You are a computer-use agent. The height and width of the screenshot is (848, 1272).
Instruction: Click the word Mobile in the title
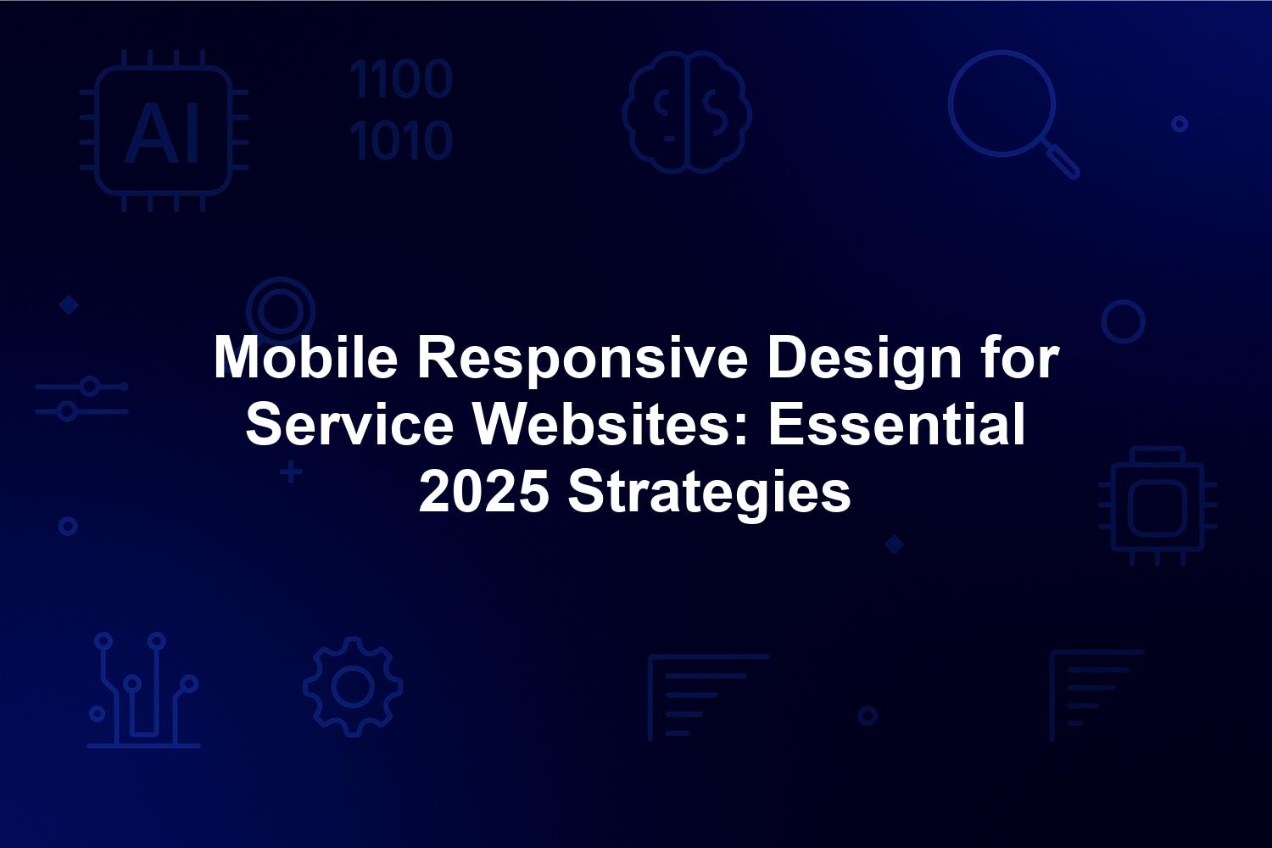pyautogui.click(x=305, y=359)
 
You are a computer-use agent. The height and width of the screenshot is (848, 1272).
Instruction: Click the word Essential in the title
pyautogui.click(x=897, y=425)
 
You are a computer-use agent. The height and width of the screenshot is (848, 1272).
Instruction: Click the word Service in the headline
pyautogui.click(x=349, y=425)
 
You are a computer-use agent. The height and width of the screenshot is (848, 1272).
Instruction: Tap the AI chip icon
pyautogui.click(x=164, y=131)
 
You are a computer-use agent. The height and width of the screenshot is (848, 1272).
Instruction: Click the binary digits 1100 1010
pyautogui.click(x=401, y=109)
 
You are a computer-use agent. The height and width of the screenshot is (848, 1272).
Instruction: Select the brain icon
pyautogui.click(x=687, y=112)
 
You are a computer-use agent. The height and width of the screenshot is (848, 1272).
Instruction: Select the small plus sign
pyautogui.click(x=291, y=472)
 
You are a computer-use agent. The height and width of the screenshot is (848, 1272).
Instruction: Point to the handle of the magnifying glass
pyautogui.click(x=1062, y=160)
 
